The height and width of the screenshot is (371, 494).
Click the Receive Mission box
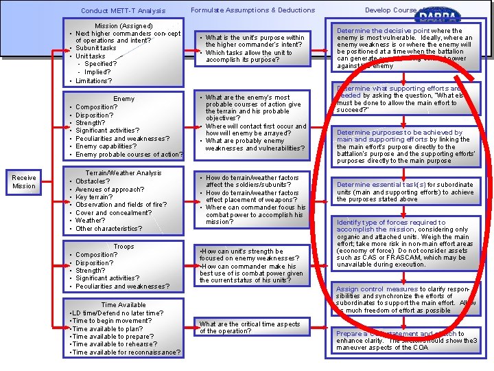24,181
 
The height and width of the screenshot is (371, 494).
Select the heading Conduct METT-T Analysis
123,10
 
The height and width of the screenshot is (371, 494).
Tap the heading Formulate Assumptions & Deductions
252,10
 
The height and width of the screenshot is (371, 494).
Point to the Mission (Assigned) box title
124,25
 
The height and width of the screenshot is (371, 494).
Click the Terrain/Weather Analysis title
123,173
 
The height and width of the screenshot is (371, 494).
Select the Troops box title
124,247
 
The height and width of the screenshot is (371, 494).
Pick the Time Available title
123,305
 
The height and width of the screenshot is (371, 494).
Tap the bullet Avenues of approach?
110,189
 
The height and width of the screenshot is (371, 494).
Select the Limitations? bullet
94,80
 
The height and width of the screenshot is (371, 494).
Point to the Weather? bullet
91,221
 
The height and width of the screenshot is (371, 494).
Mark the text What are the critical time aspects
250,324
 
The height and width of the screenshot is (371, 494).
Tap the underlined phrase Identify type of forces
375,223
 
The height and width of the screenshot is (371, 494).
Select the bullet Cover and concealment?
113,212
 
